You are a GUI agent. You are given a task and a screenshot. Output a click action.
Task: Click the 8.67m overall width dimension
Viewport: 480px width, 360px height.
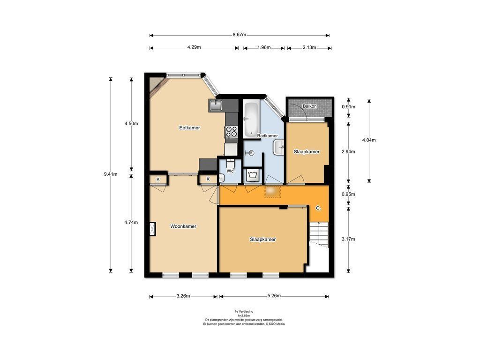point(239,35)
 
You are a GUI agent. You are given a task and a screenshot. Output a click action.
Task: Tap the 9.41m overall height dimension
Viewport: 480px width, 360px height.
point(111,174)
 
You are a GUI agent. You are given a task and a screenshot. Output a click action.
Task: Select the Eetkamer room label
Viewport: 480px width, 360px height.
point(189,127)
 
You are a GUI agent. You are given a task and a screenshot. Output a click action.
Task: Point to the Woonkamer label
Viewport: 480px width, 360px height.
point(183,226)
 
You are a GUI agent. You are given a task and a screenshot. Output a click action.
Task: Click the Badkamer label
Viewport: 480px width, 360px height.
point(267,135)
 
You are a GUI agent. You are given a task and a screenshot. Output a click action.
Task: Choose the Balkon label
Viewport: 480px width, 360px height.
point(309,106)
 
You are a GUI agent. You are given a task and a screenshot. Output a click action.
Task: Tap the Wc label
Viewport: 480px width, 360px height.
point(230,171)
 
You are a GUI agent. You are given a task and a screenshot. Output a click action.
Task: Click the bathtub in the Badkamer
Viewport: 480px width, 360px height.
point(251,120)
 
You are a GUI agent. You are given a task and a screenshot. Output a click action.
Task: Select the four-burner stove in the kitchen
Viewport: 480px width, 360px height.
point(231,132)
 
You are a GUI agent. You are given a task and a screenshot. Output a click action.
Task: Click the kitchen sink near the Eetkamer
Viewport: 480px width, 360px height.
point(217,105)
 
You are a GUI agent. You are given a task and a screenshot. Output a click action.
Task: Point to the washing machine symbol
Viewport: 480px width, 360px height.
point(253,175)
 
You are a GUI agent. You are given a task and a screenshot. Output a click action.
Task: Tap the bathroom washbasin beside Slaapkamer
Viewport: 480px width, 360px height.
point(279,147)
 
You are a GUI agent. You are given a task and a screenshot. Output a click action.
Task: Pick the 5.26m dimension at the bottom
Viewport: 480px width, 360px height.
point(274,296)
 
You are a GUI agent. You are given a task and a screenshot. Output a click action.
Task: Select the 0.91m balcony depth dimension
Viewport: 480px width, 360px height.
point(348,107)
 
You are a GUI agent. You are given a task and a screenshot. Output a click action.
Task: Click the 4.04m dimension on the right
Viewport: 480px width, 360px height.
point(369,140)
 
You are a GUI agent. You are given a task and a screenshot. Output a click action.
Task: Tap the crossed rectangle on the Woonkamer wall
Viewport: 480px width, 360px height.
point(152,229)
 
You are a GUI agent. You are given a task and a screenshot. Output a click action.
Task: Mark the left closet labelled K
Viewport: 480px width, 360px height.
point(158,179)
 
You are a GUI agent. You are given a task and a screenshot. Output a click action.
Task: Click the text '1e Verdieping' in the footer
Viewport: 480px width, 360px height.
point(244,311)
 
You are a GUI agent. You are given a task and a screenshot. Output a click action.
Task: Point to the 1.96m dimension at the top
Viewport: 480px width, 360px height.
point(264,47)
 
